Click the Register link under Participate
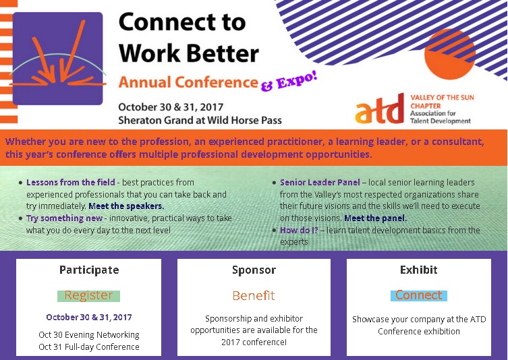pos(88,295)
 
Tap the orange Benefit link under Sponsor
pos(254,295)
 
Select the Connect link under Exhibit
pos(418,295)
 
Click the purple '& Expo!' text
pos(289,82)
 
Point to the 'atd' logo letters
pos(380,109)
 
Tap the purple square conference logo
pos(57,59)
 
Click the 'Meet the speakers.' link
pos(126,206)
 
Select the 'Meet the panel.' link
pos(375,218)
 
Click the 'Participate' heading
pos(89,270)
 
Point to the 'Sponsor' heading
pos(254,270)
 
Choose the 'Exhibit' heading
pos(418,270)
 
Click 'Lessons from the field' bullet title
pos(71,182)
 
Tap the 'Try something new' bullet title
pos(65,218)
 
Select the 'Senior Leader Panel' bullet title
pos(320,182)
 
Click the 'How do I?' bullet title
pos(299,230)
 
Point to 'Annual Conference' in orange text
pos(188,82)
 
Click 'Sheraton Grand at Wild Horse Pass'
pos(200,121)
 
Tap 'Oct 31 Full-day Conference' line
pos(89,347)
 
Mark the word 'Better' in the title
pos(223,53)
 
